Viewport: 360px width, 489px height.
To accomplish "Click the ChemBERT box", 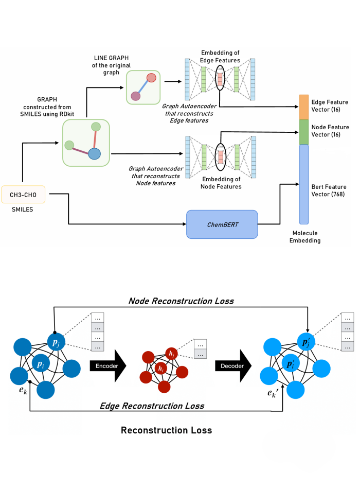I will pos(222,224).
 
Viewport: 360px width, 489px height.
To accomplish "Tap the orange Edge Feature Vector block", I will pos(303,107).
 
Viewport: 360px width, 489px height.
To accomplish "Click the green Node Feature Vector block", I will pos(303,132).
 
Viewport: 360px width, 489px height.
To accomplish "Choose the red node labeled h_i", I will pos(161,369).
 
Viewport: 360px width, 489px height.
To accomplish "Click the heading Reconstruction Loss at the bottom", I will pos(166,430).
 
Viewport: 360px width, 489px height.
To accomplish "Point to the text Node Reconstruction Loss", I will pos(181,301).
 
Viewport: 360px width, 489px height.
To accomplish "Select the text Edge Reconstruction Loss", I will pos(152,406).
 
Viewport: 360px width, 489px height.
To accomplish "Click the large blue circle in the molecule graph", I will pos(94,154).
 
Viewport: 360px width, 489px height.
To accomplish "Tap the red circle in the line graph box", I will pos(151,78).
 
